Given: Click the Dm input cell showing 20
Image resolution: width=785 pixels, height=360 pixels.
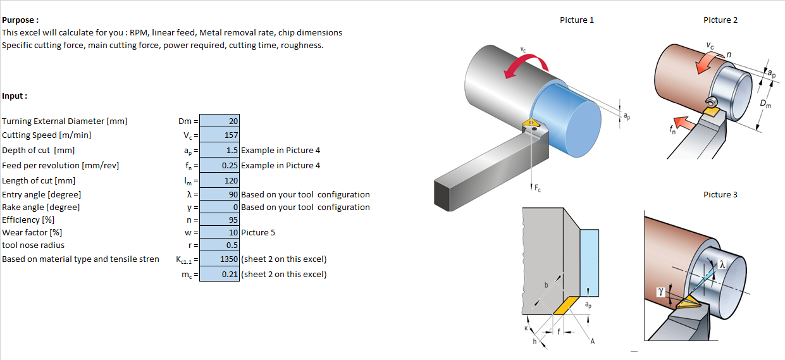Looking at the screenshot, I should tap(219, 121).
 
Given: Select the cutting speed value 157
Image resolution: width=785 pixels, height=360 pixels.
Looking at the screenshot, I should tap(219, 135).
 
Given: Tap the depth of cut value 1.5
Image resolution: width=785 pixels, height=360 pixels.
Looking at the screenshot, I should tap(219, 150).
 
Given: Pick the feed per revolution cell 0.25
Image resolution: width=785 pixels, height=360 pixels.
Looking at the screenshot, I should tap(219, 165).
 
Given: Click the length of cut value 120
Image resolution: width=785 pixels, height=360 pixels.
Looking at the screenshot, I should tap(219, 180).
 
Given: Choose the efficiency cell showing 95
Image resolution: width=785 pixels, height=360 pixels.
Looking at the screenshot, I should tap(219, 220).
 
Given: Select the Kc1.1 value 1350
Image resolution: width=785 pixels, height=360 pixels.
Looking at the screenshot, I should tap(219, 259).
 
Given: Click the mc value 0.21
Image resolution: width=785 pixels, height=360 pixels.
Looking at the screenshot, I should tap(219, 274).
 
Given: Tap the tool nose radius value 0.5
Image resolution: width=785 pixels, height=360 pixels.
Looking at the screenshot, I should tap(219, 245).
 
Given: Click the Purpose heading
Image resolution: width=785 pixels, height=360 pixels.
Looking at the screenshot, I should tap(20, 20).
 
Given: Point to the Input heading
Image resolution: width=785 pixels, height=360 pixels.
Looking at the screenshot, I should tap(15, 96).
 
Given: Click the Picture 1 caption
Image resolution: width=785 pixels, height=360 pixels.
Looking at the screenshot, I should tap(577, 20).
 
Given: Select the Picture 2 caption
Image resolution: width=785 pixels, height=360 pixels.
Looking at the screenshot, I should tap(720, 20).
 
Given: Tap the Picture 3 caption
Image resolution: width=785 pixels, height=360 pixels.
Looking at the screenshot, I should tap(720, 194).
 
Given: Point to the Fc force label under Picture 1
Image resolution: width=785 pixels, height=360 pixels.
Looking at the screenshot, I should tap(537, 188).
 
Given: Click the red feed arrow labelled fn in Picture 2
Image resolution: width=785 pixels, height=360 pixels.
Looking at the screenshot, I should tap(682, 121).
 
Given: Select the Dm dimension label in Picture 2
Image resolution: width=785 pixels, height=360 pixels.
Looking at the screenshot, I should tap(765, 103).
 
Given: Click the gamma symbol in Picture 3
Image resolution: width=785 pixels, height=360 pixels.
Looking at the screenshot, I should tap(661, 292).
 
